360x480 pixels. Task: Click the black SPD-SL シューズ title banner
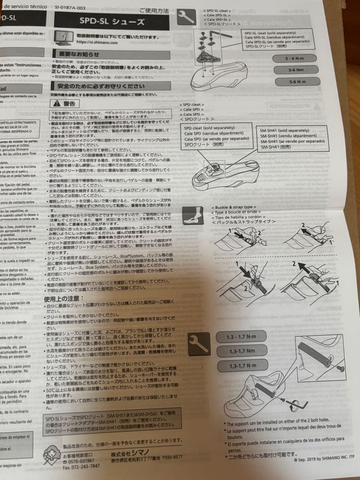112,22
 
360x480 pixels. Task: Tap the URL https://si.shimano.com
97,42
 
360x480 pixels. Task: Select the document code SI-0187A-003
70,8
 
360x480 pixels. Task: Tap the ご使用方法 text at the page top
154,10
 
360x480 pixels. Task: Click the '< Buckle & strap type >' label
233,208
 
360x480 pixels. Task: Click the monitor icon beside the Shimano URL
64,37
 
